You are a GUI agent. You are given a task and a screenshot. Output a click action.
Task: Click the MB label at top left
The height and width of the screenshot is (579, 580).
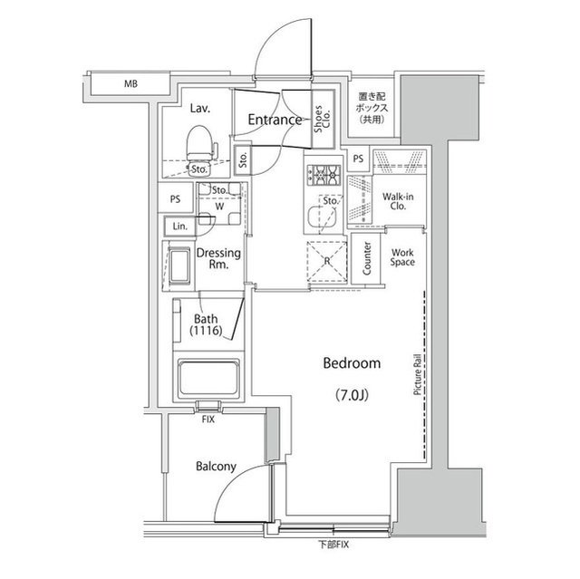click(131, 85)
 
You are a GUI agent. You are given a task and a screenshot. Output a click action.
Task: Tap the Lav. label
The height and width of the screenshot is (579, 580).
click(200, 108)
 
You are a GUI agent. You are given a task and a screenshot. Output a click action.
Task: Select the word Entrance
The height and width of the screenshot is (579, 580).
click(274, 120)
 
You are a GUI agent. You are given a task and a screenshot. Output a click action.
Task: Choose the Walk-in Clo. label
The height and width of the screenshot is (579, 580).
click(398, 201)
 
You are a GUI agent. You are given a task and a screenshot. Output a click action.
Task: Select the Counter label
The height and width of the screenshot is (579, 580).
click(368, 258)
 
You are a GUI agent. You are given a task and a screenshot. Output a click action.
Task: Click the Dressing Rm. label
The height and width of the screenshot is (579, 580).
click(218, 259)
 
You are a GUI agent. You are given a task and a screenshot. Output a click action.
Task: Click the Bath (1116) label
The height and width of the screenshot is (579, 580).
click(207, 325)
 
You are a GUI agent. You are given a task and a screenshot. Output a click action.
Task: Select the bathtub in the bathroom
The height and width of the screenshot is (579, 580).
click(208, 381)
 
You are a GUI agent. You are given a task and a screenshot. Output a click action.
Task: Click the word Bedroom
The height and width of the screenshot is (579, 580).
click(353, 363)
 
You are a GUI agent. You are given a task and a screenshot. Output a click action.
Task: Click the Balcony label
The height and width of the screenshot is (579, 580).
click(216, 467)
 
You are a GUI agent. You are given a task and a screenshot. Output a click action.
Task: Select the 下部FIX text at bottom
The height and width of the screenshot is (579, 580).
click(332, 544)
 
